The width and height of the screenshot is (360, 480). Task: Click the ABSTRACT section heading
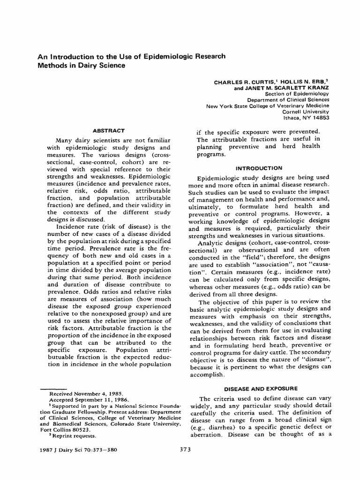tap(108, 131)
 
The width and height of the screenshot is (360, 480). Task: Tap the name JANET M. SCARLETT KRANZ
tap(287, 88)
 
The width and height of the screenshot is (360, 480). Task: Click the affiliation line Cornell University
tap(306, 112)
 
